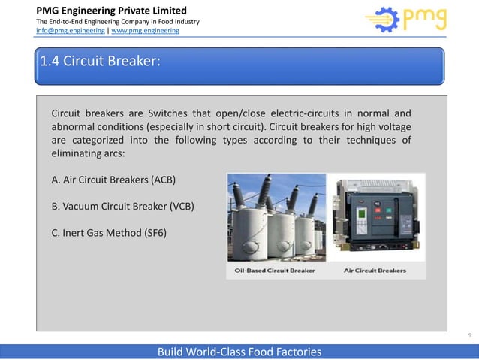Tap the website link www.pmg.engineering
click(x=146, y=31)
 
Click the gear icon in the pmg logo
click(x=382, y=20)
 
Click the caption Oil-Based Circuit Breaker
click(x=275, y=271)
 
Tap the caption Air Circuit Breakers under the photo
click(x=375, y=271)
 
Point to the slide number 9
click(x=469, y=336)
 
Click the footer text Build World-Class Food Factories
click(x=239, y=352)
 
